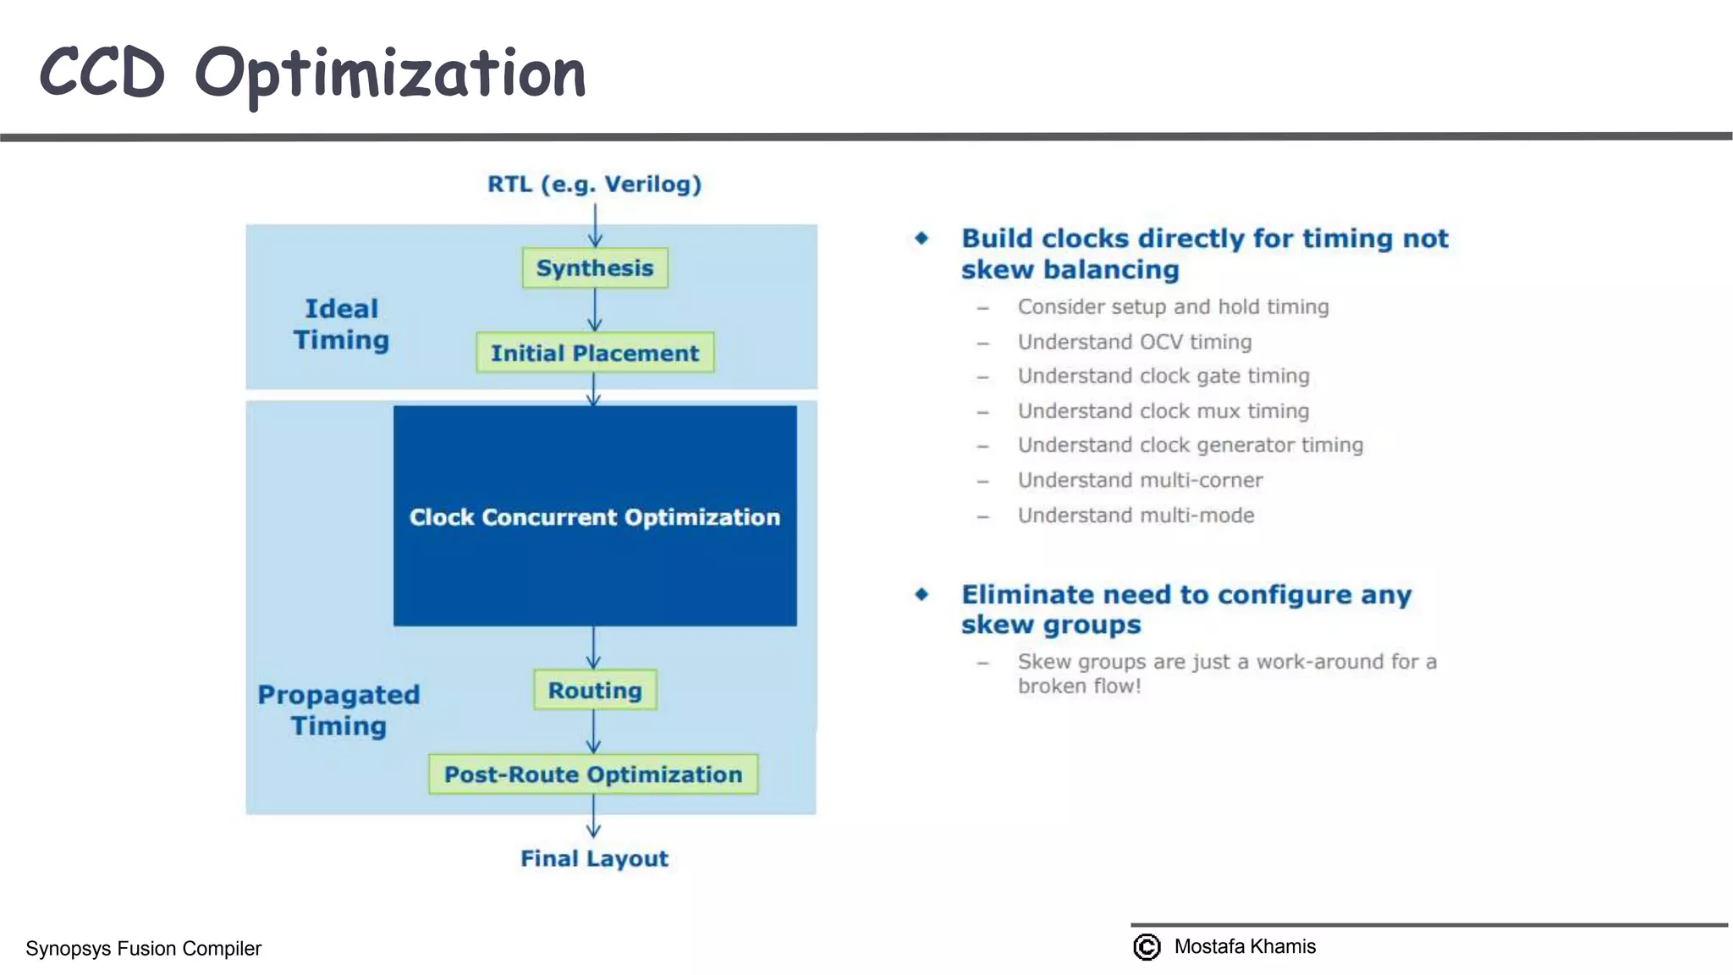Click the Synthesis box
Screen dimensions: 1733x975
[x=595, y=267]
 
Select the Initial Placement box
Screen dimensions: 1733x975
[x=595, y=352]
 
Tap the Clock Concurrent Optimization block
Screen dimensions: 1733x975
[x=595, y=516]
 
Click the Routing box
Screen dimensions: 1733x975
[x=595, y=690]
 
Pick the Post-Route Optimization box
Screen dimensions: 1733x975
[x=593, y=774]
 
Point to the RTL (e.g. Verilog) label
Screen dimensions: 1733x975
[x=594, y=184]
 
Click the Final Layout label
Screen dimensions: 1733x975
[x=594, y=858]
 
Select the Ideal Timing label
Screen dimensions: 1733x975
[x=341, y=324]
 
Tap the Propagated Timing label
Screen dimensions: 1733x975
[x=338, y=710]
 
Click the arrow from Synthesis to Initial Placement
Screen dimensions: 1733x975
[x=595, y=310]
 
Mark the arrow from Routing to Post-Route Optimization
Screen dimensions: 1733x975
[x=594, y=731]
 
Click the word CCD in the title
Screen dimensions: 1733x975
[x=102, y=73]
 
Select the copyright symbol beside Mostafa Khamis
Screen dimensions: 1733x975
[x=1147, y=946]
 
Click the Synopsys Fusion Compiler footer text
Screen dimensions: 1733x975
[x=143, y=948]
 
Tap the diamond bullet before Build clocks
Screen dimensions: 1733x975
[x=922, y=239]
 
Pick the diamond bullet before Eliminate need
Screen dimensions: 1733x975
[x=922, y=594]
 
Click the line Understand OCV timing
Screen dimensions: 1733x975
[x=1134, y=342]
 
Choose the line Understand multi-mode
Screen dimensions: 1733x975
[x=1136, y=515]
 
